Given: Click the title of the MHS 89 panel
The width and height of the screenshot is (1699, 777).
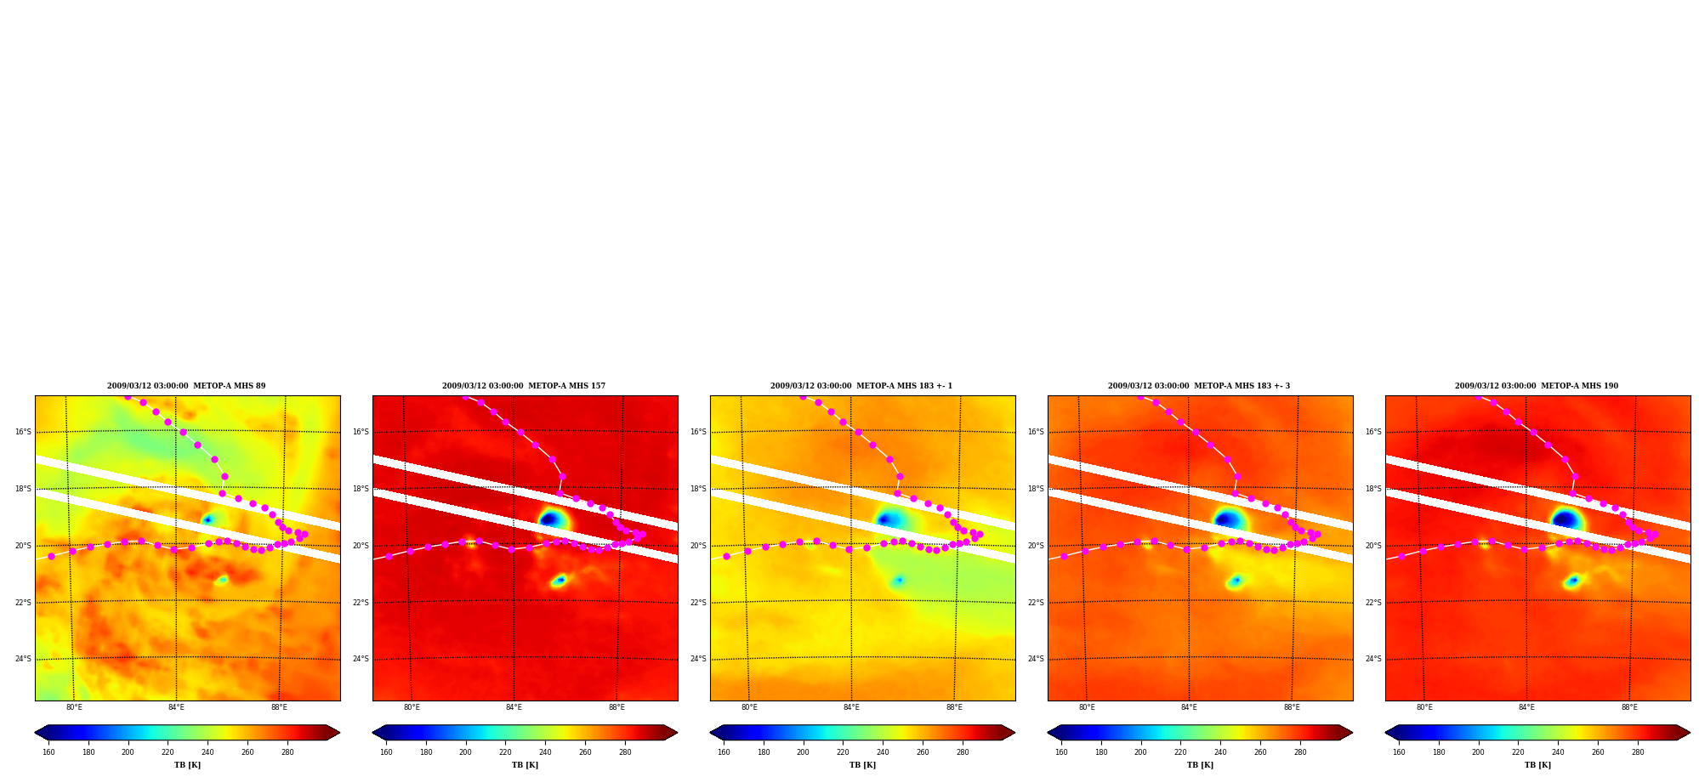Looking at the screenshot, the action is pos(186,386).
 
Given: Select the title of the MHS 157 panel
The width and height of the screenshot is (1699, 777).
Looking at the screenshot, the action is pos(524,386).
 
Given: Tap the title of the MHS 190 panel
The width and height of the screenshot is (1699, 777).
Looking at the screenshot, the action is pos(1537,386).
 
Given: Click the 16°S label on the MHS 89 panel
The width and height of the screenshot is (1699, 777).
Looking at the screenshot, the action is pos(23,432).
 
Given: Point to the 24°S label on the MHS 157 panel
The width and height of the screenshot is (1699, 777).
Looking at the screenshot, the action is pos(361,659).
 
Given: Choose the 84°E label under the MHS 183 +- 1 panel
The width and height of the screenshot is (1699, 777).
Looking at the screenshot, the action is pos(851,707).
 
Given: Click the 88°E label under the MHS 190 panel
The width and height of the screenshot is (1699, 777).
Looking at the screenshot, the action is pos(1629,707).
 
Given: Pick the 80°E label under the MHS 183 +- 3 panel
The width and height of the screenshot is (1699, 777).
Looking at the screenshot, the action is pos(1087,707).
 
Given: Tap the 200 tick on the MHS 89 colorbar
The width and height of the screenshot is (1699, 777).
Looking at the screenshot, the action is pos(128,751).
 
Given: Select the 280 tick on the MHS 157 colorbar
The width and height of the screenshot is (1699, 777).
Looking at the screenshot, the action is pos(625,751).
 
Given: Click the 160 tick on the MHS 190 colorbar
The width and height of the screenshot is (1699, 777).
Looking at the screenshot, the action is pos(1399,751).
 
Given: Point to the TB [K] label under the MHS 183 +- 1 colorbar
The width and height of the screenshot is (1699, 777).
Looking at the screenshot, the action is pos(862,765).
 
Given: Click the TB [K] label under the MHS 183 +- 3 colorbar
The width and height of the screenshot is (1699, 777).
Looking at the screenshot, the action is pos(1200,765).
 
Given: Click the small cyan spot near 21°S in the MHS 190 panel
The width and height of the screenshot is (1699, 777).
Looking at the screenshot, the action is pos(1572,581).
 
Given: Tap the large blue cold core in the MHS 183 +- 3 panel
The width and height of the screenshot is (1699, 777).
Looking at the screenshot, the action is pos(1227,519).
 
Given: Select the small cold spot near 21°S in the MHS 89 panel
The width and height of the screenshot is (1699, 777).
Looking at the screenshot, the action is pos(222,580).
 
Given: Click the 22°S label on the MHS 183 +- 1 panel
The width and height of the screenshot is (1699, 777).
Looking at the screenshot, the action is pos(698,603).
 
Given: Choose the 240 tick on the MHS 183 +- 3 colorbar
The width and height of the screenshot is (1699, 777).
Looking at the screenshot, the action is pos(1220,751).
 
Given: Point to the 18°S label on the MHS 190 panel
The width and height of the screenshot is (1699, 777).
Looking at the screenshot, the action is pos(1373,489).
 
